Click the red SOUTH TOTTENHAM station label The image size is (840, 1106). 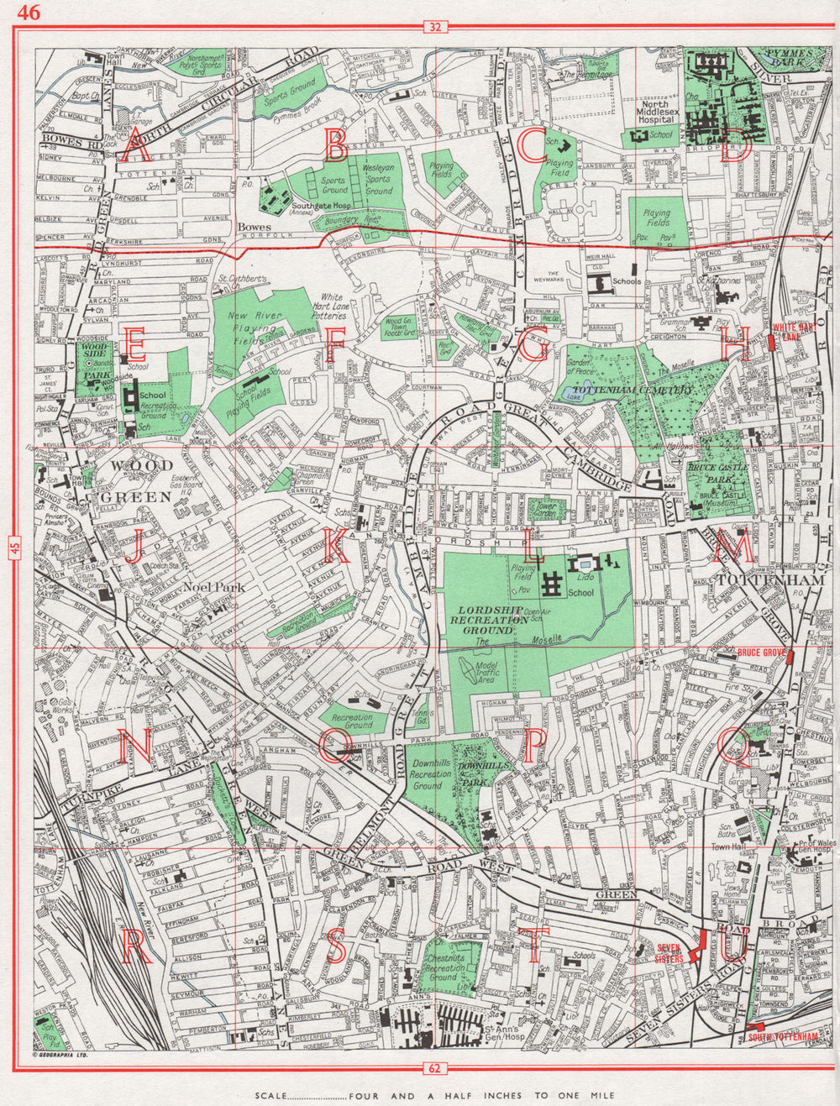(783, 1037)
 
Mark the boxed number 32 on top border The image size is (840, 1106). (433, 28)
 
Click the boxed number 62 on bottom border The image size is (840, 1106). (433, 1069)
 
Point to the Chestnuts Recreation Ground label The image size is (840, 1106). (443, 962)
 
